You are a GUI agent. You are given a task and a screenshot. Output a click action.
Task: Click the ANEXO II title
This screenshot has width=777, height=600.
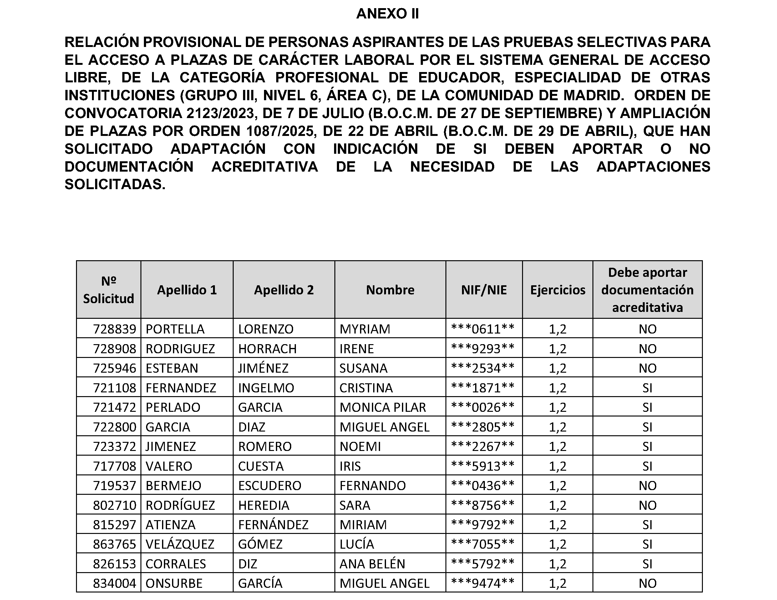(388, 14)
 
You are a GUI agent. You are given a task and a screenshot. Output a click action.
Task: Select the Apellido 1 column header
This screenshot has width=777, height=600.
(187, 290)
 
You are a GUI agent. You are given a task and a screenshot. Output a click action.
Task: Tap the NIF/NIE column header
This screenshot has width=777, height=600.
(484, 290)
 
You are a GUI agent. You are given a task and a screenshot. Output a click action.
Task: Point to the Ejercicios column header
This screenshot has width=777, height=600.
(557, 290)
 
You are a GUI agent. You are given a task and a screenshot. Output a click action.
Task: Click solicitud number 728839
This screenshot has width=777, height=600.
(114, 329)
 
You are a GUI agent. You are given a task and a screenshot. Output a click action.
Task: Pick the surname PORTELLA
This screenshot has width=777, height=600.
(175, 329)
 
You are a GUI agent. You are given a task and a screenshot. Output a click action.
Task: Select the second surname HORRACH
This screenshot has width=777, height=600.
(267, 349)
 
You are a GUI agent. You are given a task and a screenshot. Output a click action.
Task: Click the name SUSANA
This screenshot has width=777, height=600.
(363, 368)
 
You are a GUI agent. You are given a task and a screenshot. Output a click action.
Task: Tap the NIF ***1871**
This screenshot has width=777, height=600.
(483, 388)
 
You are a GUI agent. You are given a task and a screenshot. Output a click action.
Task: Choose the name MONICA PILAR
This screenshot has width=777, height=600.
(383, 407)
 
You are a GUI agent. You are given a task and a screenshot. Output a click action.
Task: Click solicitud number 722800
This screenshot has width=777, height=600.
(114, 427)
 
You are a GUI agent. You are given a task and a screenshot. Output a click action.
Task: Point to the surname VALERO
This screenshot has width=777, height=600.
(169, 466)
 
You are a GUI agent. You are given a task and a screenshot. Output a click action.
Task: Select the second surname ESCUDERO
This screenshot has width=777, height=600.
(270, 486)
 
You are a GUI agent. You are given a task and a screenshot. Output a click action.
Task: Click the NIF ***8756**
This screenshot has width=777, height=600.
(483, 505)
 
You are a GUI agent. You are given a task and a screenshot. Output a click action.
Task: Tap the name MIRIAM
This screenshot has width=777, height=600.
(363, 525)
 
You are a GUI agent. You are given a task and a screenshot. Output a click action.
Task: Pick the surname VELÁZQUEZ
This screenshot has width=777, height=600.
(180, 545)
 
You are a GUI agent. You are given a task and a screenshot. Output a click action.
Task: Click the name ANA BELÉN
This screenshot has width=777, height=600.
(372, 564)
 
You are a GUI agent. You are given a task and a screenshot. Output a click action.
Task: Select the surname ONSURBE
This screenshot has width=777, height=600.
(174, 584)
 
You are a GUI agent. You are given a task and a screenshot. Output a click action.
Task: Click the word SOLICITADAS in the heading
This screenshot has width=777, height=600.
(115, 184)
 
